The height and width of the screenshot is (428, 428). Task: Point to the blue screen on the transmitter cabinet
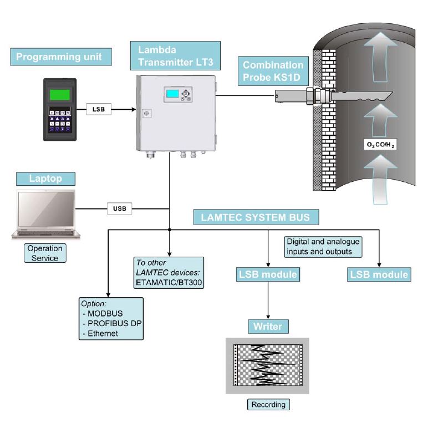pos(173,94)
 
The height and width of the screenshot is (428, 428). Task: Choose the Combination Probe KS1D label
pos(272,72)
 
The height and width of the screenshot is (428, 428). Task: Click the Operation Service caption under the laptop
pos(45,253)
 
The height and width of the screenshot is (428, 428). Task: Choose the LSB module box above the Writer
pos(268,274)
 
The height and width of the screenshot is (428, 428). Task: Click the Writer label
pos(268,327)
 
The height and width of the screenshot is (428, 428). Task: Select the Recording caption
pos(268,404)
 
